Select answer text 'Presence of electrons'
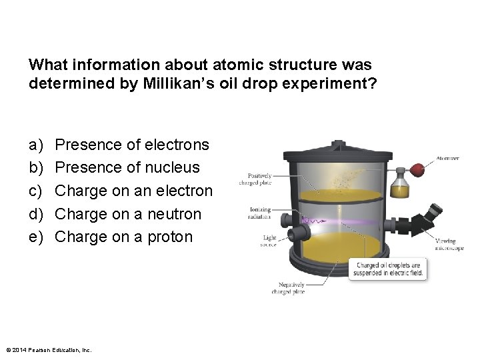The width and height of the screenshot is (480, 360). coord(132,145)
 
